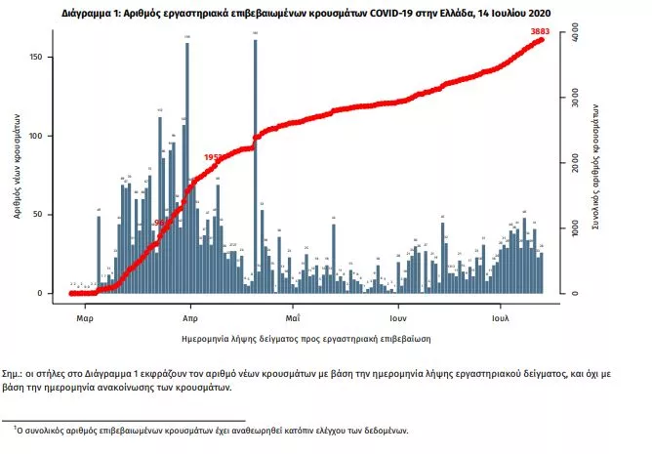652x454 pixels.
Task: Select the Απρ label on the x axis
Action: point(190,318)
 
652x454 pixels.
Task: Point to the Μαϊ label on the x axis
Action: point(293,318)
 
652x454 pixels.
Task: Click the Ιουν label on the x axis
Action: point(397,318)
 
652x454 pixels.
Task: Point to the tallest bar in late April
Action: point(255,166)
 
